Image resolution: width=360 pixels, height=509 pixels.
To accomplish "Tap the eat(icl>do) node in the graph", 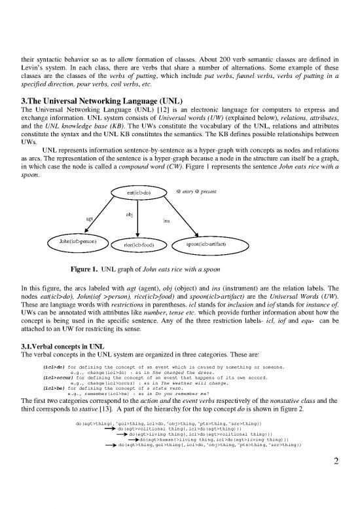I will tap(135, 193).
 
